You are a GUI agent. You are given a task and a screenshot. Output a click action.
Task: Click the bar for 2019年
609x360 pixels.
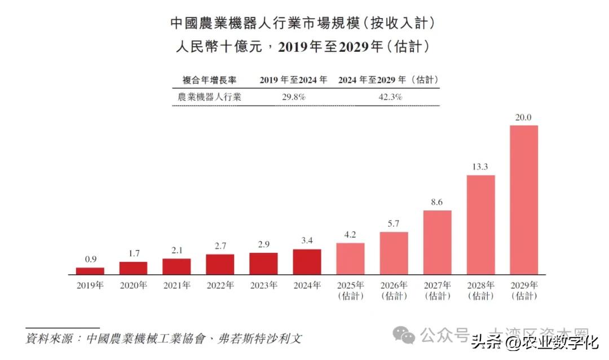tap(90, 271)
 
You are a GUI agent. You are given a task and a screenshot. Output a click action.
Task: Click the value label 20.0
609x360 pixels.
tap(524, 118)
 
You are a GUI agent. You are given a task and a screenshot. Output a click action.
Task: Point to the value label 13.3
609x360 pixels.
tap(480, 167)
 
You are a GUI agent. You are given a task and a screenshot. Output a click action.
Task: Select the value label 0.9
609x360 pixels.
tap(90, 260)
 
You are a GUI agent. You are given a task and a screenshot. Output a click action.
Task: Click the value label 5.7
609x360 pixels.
tap(394, 224)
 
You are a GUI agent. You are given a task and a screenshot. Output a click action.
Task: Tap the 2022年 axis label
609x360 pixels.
tap(220, 286)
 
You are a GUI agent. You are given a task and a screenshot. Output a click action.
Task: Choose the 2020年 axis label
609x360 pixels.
tap(134, 286)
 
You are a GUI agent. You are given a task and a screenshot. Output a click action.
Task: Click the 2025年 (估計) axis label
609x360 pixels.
tap(350, 290)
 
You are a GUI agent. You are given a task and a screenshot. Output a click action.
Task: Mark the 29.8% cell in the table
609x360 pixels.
tap(293, 97)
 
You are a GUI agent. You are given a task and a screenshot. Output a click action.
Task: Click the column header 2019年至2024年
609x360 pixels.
tap(293, 80)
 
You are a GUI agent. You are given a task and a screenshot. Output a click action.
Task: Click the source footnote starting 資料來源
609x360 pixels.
tap(164, 339)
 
